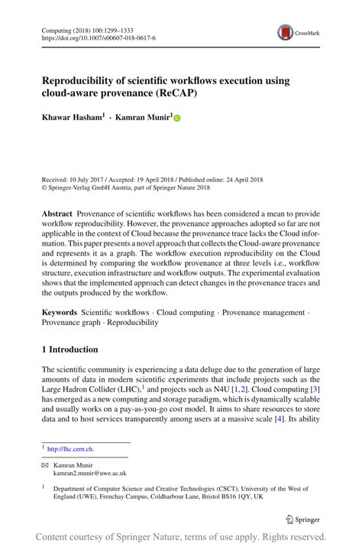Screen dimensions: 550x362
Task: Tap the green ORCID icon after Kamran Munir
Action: pos(177,119)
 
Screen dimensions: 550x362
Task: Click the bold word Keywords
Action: pos(59,312)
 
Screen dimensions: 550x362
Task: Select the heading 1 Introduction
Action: pos(69,350)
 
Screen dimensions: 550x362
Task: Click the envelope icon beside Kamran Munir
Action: pos(45,464)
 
